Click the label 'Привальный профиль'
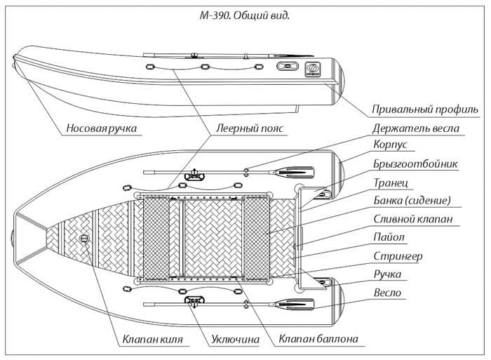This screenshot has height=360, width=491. [426, 110]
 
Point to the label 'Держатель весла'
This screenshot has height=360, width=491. [425, 128]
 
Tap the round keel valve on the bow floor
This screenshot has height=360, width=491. [85, 239]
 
